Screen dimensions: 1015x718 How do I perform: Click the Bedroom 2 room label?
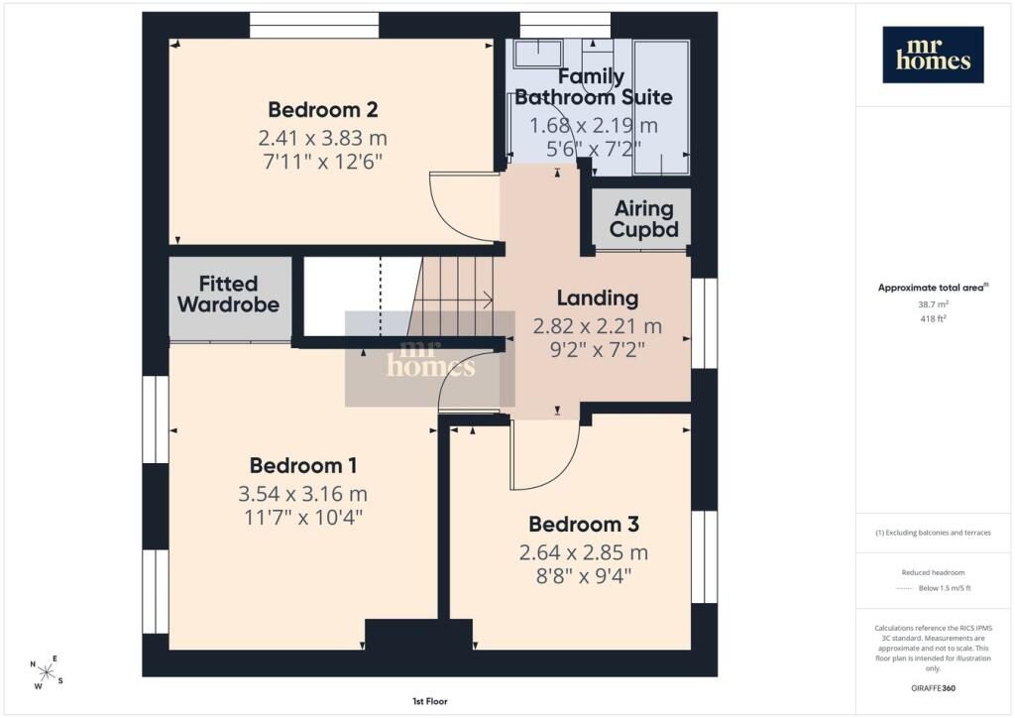coord(323,109)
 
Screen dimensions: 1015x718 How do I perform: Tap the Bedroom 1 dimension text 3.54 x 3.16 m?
coord(303,494)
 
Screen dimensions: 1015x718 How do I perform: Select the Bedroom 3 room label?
coord(584,524)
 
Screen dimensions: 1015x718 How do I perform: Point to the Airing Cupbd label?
coord(644,219)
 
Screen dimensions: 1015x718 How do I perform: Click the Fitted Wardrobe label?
coord(228,294)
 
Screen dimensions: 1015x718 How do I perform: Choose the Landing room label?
coord(598,298)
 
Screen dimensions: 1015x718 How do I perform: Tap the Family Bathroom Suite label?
coord(593,86)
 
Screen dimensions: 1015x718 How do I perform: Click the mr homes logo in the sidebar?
coord(933,55)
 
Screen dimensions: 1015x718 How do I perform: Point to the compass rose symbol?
coord(47,672)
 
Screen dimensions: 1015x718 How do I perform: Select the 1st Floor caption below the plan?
coord(430,701)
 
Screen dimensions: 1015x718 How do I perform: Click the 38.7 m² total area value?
coord(933,304)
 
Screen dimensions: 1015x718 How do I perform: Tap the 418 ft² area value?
coord(933,318)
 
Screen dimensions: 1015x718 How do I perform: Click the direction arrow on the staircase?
coord(453,300)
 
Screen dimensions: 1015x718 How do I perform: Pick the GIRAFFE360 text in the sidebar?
coord(933,688)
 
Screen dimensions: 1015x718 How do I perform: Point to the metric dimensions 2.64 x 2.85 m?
coord(583,552)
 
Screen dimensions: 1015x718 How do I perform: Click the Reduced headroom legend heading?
coord(933,572)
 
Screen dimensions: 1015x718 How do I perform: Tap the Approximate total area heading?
coord(933,288)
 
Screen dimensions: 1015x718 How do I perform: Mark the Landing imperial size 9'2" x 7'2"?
coord(597,350)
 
